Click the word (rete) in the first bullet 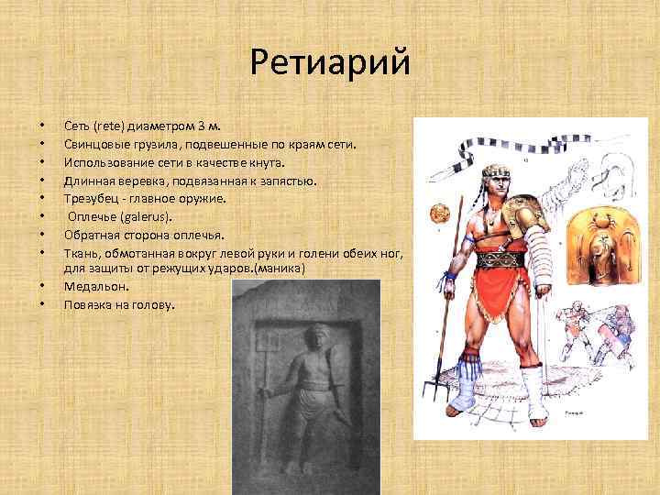108,127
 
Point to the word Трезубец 93,197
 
